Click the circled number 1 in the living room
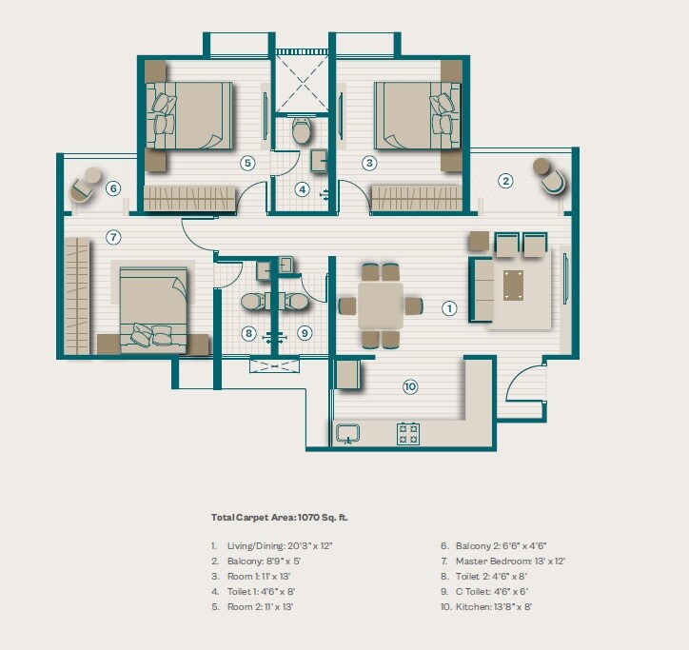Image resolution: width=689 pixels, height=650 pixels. coord(449,307)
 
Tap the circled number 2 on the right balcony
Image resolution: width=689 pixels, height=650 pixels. coord(506,180)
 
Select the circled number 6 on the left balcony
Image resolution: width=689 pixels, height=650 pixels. coord(113,188)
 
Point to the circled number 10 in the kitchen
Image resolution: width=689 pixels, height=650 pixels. coord(410,386)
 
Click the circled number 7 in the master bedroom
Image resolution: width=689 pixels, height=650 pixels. coord(112,237)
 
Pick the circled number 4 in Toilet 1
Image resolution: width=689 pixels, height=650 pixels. coord(303,188)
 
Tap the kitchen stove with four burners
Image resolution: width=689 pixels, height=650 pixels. coord(408,433)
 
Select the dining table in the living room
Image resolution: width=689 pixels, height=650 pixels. coord(381,305)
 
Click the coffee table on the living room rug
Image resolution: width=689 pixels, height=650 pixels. coord(513,285)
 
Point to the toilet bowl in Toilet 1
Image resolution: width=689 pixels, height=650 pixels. coord(302,131)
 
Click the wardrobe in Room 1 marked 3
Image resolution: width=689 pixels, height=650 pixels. coord(416,198)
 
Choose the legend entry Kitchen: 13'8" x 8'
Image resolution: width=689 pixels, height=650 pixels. coord(499,606)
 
